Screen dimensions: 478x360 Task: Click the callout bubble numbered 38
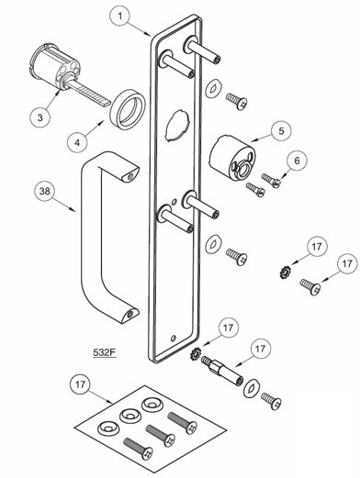45,191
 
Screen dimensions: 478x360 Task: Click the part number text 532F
107,351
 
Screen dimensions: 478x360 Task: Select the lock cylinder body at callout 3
54,66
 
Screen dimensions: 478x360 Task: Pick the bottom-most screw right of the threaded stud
268,399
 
